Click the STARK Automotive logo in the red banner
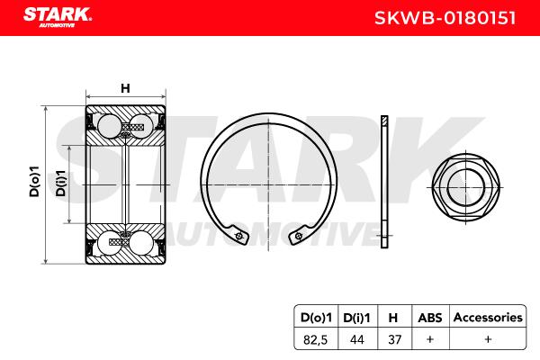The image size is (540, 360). point(58,17)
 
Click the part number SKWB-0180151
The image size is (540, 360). point(445,18)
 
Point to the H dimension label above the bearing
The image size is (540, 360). point(125,88)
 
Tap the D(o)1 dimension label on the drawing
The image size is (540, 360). point(34,181)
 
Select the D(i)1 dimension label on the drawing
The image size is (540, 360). point(60,184)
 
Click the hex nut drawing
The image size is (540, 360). point(465,188)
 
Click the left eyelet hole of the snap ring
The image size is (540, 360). point(238,236)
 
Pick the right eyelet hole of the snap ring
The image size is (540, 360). point(298,237)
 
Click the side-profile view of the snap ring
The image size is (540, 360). point(384,182)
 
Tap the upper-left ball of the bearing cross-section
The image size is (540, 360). point(109,126)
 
